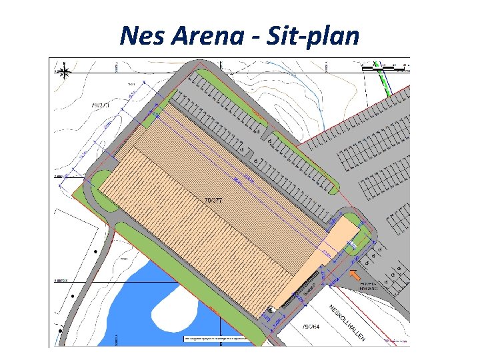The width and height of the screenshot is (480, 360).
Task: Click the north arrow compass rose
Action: tap(65, 71)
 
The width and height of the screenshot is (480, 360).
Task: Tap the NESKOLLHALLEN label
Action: tap(347, 324)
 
